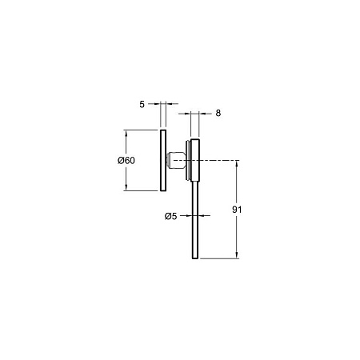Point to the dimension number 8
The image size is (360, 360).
tap(218, 114)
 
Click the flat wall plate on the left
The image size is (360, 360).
tap(162, 160)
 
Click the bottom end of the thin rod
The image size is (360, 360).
tap(194, 257)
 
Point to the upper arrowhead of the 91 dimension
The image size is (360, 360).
tap(237, 163)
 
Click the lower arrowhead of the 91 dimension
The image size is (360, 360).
tap(237, 254)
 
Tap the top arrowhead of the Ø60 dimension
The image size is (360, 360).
tap(126, 133)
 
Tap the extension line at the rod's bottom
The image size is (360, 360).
tap(220, 258)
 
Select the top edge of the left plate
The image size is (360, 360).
tap(162, 130)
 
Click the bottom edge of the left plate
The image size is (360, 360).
tap(162, 191)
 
